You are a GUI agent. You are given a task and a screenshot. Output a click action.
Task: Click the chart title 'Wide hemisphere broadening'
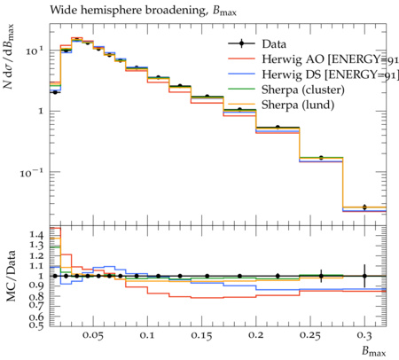(128, 11)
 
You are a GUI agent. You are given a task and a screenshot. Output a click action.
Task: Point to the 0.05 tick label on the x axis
(93, 335)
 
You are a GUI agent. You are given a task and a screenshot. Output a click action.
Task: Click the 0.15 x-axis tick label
(201, 335)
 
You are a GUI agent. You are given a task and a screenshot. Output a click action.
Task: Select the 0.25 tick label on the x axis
(309, 335)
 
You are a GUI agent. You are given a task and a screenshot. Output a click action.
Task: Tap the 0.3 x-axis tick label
(364, 335)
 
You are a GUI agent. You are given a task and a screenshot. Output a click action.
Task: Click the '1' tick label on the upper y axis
(41, 112)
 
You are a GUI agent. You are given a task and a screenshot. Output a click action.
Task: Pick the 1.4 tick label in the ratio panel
(36, 235)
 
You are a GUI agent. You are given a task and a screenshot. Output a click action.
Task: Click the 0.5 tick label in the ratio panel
(36, 325)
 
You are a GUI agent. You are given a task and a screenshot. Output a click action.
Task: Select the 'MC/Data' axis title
(11, 276)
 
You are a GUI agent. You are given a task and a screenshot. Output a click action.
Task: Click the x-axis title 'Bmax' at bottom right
(374, 351)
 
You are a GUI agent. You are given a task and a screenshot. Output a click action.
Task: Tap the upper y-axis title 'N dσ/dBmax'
(9, 57)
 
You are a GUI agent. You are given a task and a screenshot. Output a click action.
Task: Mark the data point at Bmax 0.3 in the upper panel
(364, 207)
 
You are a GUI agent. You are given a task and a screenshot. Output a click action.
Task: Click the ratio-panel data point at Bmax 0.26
(321, 276)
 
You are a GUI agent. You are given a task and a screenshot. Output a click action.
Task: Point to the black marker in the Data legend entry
(241, 43)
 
